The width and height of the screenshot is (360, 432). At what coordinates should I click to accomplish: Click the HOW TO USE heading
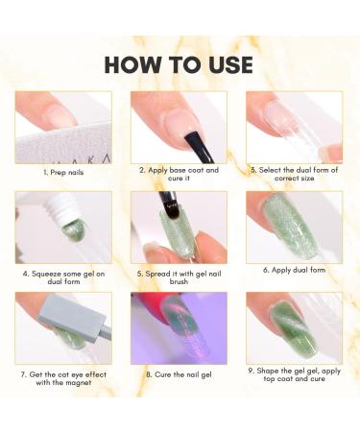(179, 64)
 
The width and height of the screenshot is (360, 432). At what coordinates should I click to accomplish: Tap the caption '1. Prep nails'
(63, 173)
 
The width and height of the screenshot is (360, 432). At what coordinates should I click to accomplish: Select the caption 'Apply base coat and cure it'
(179, 174)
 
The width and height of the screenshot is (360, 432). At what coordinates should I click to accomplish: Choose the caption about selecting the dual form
(294, 174)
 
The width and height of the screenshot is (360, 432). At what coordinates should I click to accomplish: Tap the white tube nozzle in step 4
(71, 210)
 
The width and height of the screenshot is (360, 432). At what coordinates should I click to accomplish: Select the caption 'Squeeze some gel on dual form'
(63, 277)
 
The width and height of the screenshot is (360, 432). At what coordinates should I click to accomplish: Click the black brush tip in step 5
(171, 207)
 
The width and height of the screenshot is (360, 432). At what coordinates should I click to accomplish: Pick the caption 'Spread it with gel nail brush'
(179, 277)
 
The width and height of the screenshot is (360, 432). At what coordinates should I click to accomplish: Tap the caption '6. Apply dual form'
(294, 270)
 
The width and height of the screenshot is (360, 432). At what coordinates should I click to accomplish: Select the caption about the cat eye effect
(63, 378)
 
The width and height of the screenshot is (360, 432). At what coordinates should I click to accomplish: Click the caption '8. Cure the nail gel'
(179, 374)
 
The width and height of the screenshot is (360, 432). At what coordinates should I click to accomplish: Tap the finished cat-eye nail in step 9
(294, 328)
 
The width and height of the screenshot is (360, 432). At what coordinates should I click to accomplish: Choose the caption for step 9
(294, 374)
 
